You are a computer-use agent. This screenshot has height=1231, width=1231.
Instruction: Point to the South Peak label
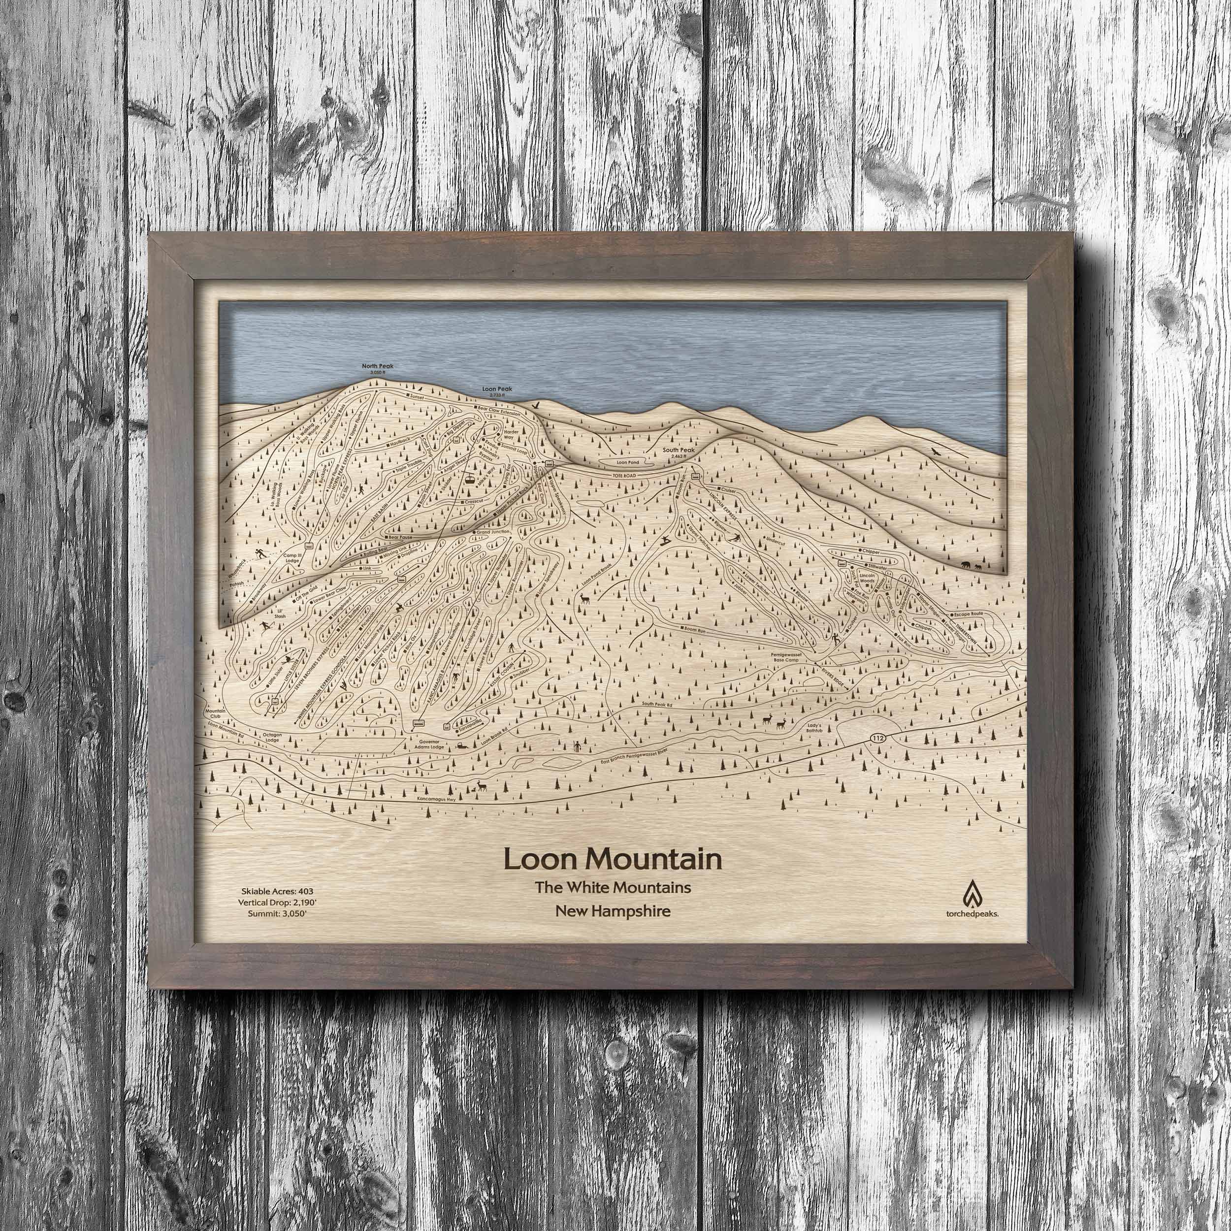tap(676, 451)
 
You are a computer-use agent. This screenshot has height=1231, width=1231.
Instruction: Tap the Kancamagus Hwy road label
tap(439, 798)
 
